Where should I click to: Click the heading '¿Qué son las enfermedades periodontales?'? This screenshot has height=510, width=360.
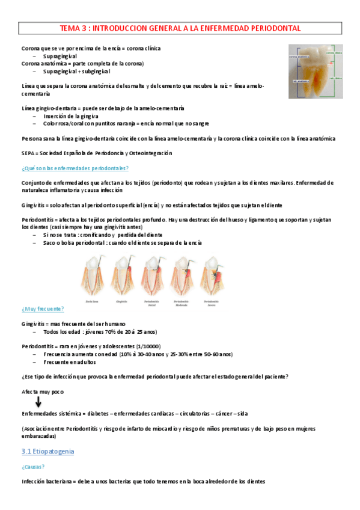[x=75, y=168]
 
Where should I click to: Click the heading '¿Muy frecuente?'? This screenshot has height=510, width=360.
[x=43, y=309]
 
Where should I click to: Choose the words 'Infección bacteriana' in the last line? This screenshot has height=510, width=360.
[x=48, y=482]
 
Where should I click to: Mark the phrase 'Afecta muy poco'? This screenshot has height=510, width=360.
[x=43, y=392]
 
